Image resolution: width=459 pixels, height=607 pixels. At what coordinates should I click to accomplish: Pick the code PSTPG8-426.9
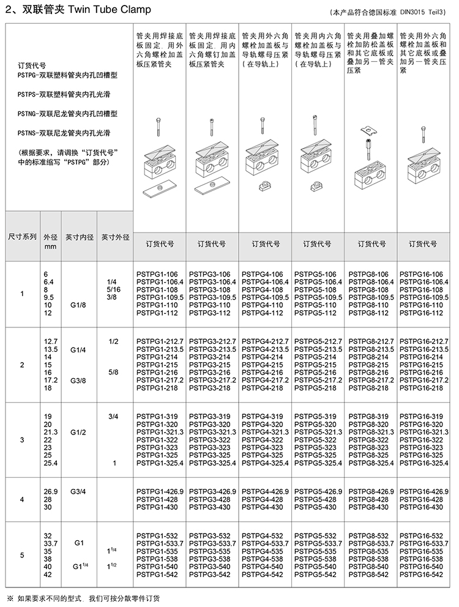pos(370,491)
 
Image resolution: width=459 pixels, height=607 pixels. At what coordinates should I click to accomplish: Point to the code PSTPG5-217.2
pos(317,380)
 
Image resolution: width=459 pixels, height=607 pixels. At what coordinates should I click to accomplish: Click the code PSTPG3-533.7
pos(211,543)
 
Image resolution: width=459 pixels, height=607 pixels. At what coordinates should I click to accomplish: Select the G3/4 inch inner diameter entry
pos(78,491)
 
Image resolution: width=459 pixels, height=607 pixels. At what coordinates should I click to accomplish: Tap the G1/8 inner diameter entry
pos(78,305)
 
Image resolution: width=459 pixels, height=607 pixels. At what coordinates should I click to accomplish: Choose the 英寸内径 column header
pos(79,237)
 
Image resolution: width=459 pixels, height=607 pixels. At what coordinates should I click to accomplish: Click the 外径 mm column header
pos(50,241)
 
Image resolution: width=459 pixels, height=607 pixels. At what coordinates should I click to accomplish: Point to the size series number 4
pos(22,499)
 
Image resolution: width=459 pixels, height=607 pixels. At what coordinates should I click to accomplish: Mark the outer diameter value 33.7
pos(50,543)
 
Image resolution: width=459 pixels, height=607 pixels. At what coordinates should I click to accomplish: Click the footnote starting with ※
pos(83,597)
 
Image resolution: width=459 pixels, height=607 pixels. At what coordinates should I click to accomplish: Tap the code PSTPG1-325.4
pos(160,463)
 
